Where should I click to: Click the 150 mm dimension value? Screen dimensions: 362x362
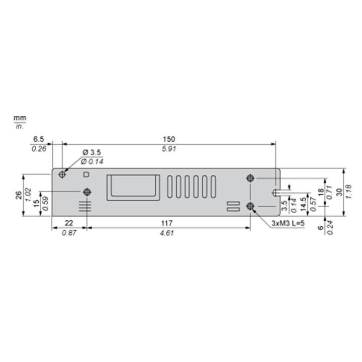click(169, 139)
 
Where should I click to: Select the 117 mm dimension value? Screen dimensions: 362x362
click(167, 223)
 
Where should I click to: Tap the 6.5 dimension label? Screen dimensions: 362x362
click(39, 139)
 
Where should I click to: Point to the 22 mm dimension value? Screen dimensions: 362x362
click(69, 223)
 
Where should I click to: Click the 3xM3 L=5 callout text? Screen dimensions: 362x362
click(288, 223)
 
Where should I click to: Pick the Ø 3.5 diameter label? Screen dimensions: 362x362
click(92, 152)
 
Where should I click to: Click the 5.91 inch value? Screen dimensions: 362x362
click(169, 149)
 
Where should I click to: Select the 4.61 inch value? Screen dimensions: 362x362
click(167, 233)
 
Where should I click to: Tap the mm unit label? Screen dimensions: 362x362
click(20, 118)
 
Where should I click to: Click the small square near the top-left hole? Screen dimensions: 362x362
click(86, 174)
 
